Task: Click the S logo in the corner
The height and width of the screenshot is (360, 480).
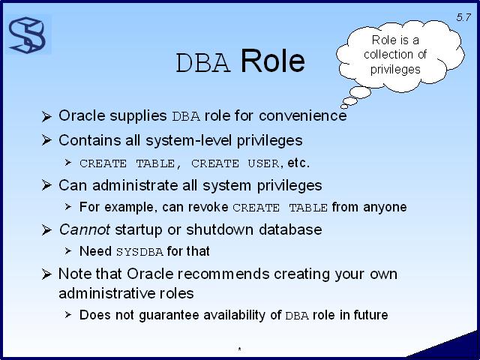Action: [27, 35]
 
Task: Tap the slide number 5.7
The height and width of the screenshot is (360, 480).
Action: [463, 17]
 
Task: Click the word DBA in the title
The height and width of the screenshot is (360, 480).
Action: [203, 63]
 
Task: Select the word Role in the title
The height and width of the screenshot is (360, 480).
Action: [272, 61]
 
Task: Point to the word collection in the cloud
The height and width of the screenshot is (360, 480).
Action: [395, 55]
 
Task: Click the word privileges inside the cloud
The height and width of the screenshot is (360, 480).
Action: [395, 69]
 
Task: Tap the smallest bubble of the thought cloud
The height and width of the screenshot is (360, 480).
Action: [344, 106]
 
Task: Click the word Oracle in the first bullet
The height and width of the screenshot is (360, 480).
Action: [82, 115]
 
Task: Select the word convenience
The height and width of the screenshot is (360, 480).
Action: [302, 115]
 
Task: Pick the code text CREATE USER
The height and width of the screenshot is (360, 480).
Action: [235, 163]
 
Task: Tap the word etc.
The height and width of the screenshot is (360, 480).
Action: [298, 163]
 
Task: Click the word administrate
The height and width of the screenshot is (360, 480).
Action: [135, 185]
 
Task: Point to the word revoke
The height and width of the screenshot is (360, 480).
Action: [208, 207]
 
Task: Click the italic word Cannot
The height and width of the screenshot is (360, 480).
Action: [85, 229]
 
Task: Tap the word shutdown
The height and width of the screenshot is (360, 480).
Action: [220, 229]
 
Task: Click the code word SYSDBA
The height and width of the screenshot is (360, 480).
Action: [139, 252]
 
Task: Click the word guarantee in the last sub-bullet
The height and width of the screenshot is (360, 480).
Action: [169, 316]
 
